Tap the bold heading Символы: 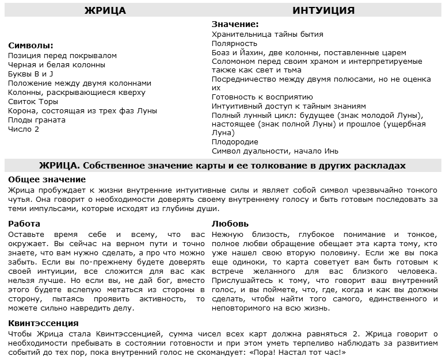click(31, 46)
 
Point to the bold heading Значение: click(235, 25)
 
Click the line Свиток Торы click(33, 102)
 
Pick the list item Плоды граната click(37, 120)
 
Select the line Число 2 click(24, 129)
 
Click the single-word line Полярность click(234, 43)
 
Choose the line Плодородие click(235, 142)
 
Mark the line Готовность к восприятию click(262, 97)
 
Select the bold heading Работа click(24, 224)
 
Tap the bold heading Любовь click(230, 224)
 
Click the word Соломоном click(231, 61)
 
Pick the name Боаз click(222, 52)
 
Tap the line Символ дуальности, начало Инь click(275, 151)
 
